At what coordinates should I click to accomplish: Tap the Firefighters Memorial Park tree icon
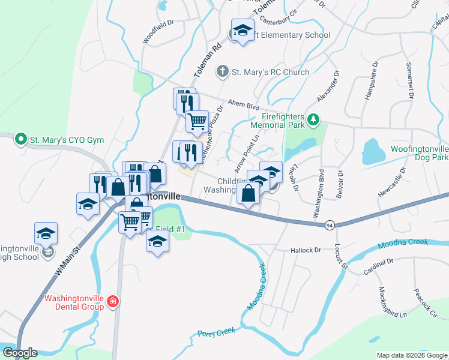click(313, 121)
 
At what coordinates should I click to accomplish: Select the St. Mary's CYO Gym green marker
click(21, 140)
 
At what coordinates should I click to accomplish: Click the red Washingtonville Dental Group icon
click(112, 302)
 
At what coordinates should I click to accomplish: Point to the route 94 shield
click(330, 225)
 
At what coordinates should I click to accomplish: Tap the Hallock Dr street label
click(306, 250)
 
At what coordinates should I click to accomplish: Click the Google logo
click(20, 352)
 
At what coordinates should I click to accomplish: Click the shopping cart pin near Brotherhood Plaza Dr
click(197, 122)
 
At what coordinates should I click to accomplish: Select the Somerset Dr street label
click(411, 80)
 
